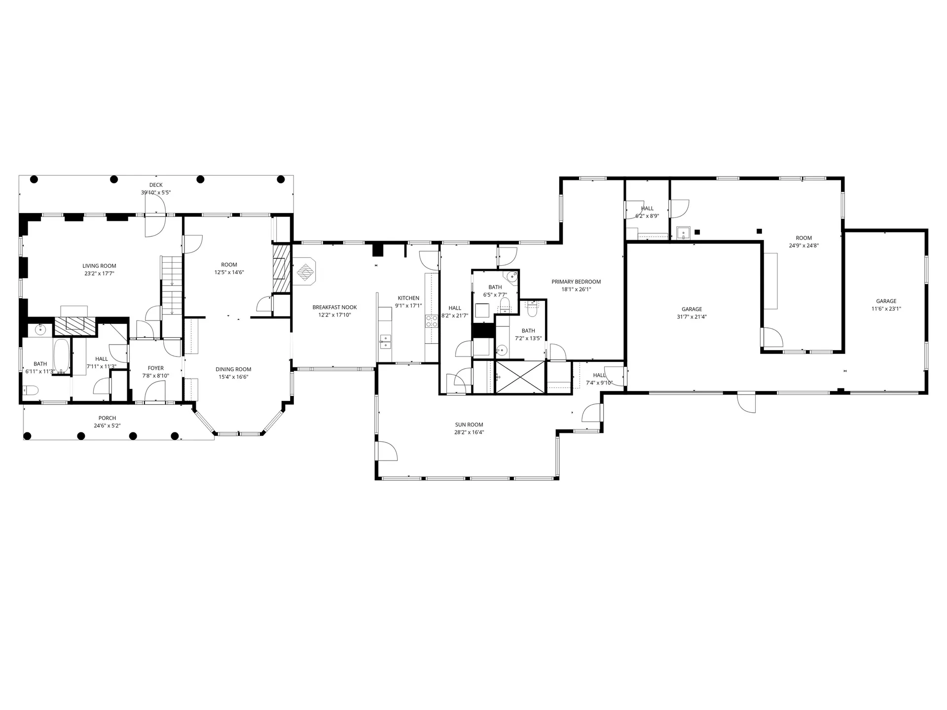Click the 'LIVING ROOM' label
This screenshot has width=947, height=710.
[99, 266]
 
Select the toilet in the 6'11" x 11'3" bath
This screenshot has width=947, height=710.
[31, 391]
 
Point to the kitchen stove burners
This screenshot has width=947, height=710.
[432, 321]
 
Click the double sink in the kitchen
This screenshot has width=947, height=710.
[385, 342]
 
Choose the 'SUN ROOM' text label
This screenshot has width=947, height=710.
[469, 425]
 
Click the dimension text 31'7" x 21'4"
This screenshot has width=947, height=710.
[692, 317]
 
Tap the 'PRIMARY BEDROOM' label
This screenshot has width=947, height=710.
[576, 282]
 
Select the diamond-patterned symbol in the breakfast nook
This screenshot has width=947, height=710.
[305, 272]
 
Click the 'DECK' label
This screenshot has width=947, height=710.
[156, 185]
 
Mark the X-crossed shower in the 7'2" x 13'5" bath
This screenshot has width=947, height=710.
[520, 377]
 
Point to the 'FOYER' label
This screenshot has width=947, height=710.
[156, 368]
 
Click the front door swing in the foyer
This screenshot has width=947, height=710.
[155, 392]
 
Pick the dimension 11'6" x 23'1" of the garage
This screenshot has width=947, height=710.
[886, 309]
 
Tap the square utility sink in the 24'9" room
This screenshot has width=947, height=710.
[683, 232]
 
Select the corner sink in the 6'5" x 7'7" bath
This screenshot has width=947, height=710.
[512, 276]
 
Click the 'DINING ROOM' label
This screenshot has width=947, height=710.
[233, 369]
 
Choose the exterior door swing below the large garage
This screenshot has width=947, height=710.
[746, 402]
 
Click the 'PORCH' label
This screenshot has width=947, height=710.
[107, 418]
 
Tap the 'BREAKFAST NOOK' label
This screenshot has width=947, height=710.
[334, 307]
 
